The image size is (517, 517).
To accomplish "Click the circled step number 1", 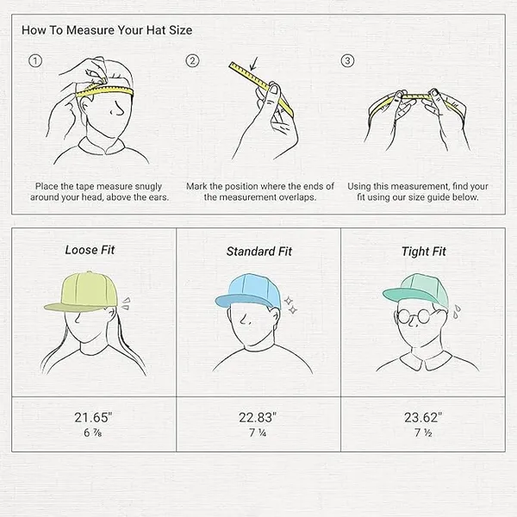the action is pos(35,60).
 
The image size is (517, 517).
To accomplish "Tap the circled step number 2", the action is pos(192,60).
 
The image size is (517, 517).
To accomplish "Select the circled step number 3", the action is pos(347,60).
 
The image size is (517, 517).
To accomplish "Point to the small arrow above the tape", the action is pos(253,64).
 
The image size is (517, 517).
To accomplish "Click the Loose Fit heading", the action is pos(90,250).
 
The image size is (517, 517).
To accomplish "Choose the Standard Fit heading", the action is pos(258,252).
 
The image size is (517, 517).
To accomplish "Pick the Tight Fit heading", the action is pos(423,252).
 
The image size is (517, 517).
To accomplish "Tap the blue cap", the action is pos(248,291).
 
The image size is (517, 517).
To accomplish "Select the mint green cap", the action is pos(416,291).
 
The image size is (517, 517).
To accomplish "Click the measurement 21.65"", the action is pos(93,417).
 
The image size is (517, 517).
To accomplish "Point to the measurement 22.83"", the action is pos(258,417).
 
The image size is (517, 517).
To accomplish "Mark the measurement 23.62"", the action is pos(423,417).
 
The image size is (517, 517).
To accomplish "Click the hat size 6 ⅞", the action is pos(93,433).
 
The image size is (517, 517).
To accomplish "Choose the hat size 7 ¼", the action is pos(258,433).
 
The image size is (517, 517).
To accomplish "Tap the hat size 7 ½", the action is pos(423,433).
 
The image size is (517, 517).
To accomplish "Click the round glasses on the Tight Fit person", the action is pos(414,316).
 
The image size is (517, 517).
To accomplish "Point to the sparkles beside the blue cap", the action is pos(290,305).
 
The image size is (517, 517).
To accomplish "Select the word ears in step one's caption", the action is pos(159,197).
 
